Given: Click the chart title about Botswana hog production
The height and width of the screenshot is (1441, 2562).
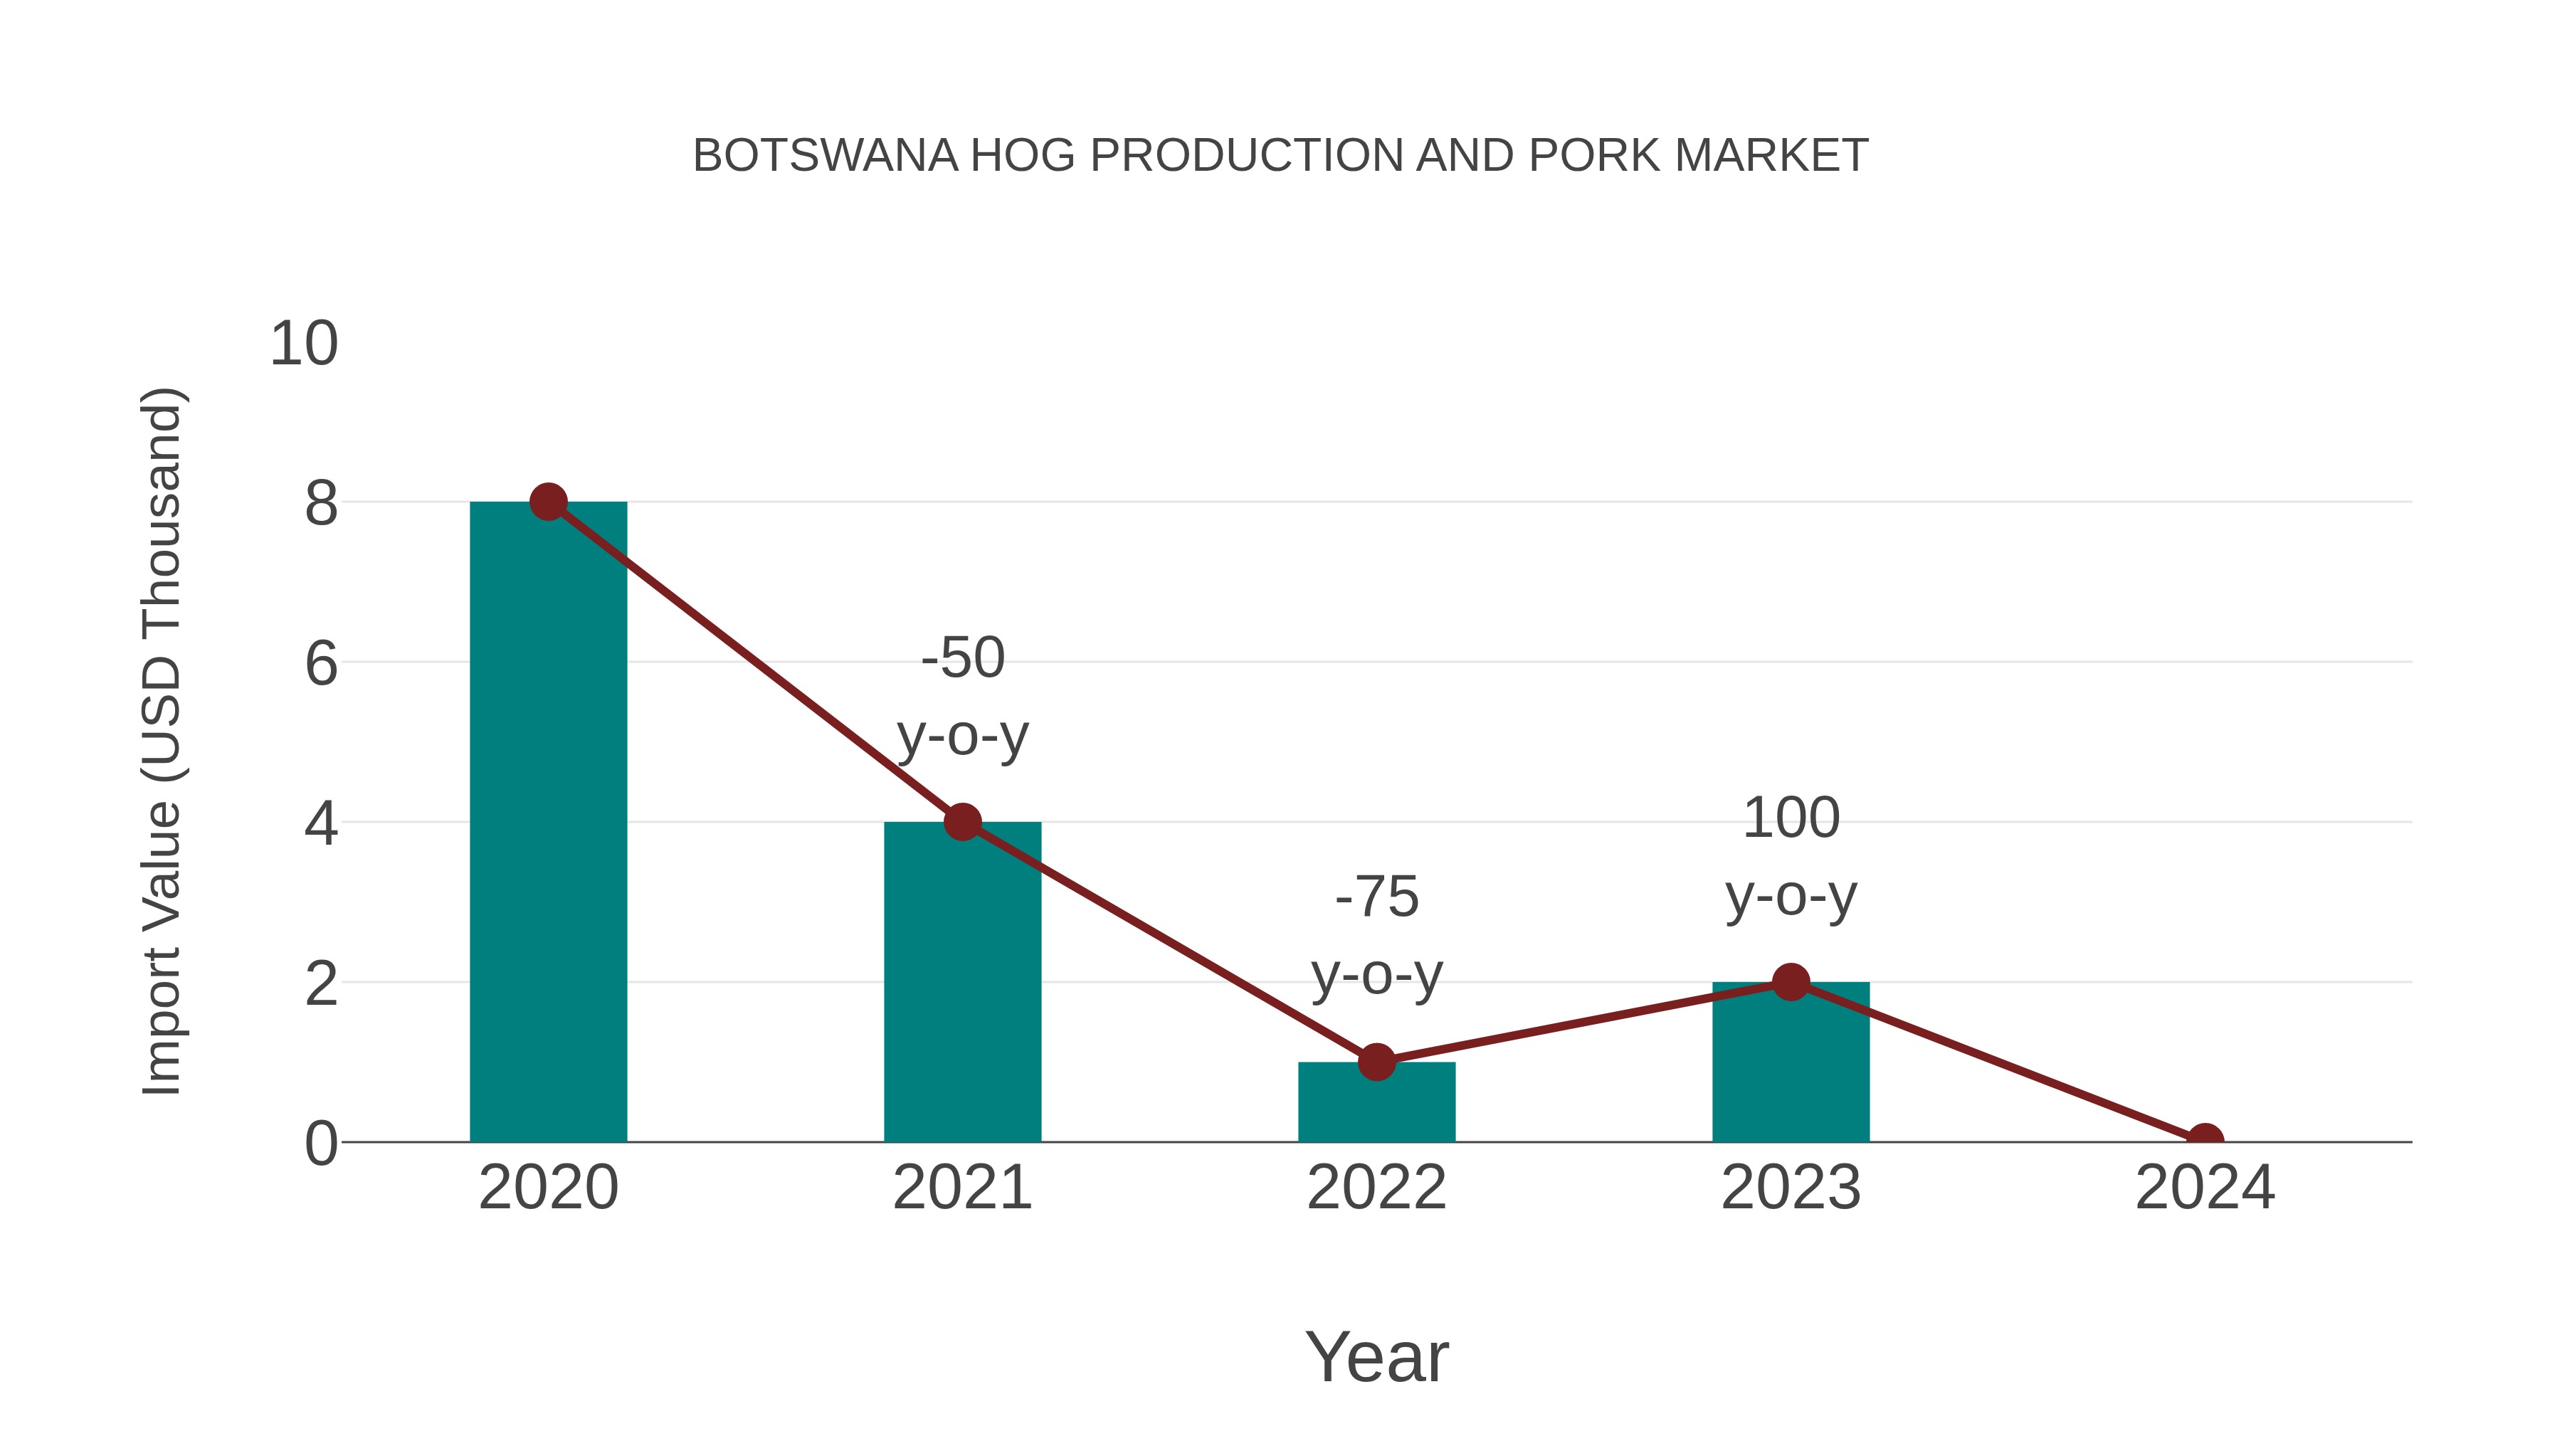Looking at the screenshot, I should coord(1280,156).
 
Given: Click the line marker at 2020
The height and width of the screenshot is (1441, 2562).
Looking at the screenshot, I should coord(548,502).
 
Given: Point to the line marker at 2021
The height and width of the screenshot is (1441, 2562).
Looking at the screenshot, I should coord(961,823).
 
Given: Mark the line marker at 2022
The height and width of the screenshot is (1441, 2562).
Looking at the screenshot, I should coord(1376,1062).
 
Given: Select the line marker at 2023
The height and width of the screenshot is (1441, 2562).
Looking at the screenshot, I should coord(1791,983).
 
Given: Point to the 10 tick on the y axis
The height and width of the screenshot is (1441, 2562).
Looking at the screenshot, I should coord(305,344).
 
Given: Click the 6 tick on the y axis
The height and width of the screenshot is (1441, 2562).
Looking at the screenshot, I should coord(321,663).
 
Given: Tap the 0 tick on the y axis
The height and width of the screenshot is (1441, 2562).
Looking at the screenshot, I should coord(321,1144).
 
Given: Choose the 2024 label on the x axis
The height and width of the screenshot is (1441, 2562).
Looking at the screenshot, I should coord(2205,1188).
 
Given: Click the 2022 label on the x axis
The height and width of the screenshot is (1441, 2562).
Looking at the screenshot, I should coord(1376,1188).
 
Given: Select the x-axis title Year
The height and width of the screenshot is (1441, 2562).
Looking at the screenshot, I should coord(1376,1358).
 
